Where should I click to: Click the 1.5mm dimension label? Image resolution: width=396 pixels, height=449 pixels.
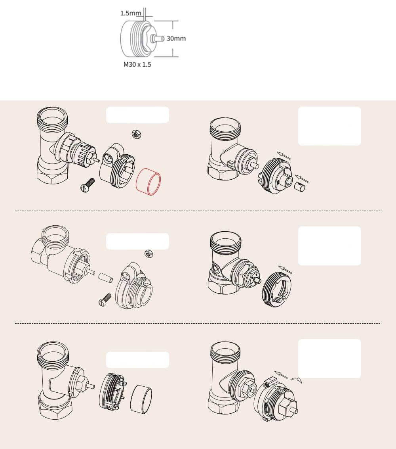click(131, 13)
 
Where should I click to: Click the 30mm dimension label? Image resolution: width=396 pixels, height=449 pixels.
click(176, 38)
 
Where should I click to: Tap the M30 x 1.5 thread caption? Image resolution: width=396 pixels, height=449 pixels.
click(137, 64)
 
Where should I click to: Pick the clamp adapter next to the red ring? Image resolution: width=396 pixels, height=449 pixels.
click(116, 167)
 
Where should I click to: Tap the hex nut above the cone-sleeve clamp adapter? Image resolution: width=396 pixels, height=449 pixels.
click(149, 253)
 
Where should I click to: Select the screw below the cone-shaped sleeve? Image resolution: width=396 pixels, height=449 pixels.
click(105, 299)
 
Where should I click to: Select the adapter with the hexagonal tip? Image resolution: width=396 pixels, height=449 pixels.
click(277, 401)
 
